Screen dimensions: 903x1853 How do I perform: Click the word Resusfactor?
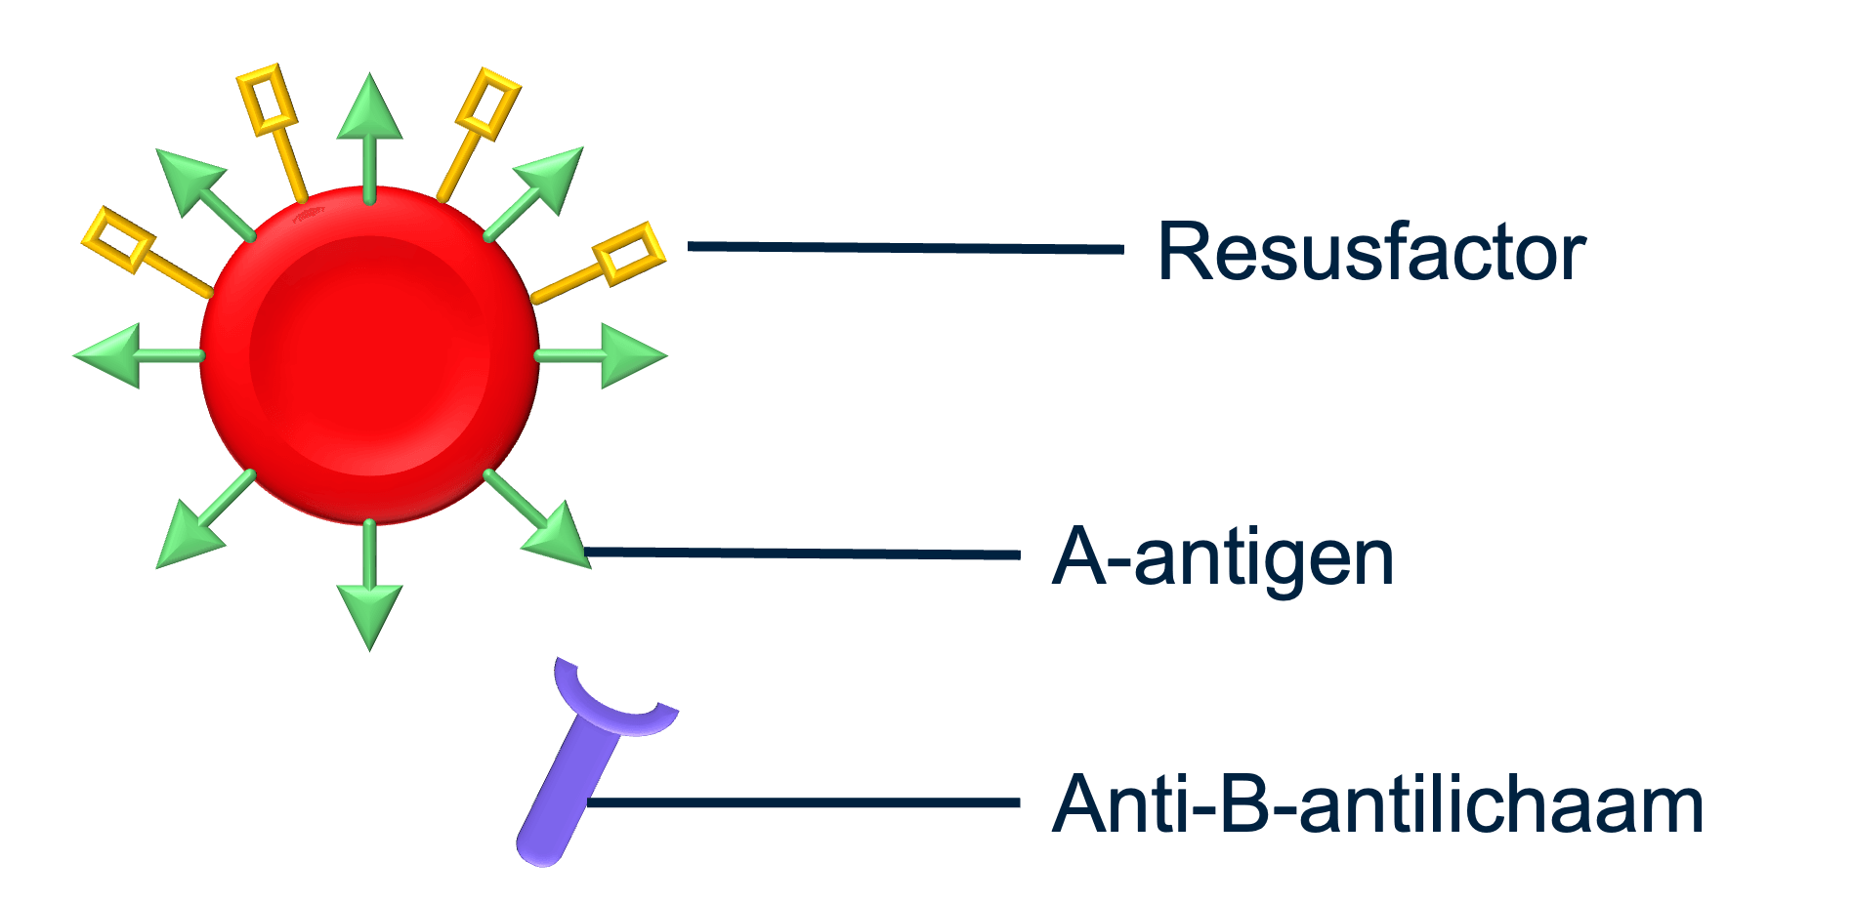pos(1370,252)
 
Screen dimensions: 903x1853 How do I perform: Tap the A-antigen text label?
pos(1222,556)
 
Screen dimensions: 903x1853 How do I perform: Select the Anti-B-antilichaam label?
pos(1377,804)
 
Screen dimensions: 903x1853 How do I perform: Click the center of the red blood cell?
pos(369,354)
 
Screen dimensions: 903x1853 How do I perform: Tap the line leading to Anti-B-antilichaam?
pos(801,802)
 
